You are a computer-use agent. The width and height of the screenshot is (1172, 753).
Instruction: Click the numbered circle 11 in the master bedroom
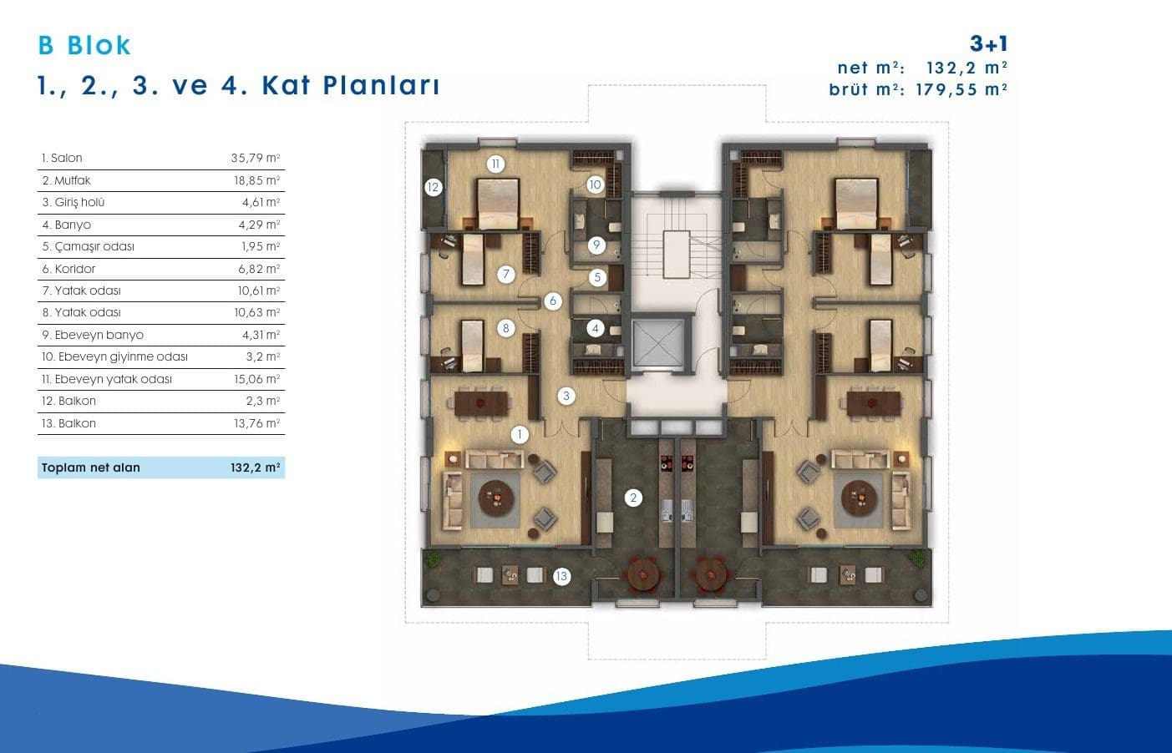tap(495, 164)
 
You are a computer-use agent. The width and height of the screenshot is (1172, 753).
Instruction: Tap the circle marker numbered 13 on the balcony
tap(561, 576)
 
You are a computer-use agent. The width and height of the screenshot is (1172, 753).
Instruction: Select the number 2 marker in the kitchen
tap(633, 498)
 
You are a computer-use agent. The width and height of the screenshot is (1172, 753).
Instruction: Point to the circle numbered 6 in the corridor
tap(552, 301)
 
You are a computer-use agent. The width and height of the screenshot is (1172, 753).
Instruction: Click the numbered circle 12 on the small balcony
tap(434, 187)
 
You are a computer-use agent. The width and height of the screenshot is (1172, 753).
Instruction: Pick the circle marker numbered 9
tap(596, 245)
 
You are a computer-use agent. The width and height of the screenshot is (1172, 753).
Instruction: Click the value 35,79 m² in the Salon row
tap(256, 158)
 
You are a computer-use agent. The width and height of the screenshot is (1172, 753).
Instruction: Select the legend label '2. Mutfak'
tap(67, 180)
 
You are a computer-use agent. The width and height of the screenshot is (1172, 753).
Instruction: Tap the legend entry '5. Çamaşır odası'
tap(88, 246)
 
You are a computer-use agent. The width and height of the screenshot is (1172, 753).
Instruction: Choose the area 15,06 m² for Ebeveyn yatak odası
tap(257, 379)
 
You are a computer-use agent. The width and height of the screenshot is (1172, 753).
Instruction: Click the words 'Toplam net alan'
tap(90, 467)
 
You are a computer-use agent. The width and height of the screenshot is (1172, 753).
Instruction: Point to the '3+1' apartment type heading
tap(988, 44)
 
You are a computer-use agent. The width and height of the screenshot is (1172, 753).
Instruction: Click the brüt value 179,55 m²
tap(961, 89)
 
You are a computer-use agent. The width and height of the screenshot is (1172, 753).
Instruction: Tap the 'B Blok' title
tap(84, 45)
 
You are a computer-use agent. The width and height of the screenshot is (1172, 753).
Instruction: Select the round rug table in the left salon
tap(495, 498)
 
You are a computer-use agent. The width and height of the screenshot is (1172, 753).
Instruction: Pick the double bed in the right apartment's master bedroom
tap(856, 204)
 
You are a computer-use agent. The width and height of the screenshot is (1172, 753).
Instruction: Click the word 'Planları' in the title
tap(382, 86)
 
